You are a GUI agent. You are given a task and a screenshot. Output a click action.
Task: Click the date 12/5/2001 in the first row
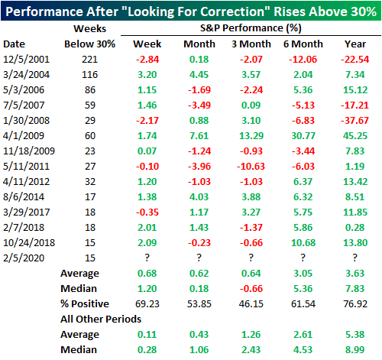(26, 60)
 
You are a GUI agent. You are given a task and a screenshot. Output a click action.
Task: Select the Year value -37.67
(354, 120)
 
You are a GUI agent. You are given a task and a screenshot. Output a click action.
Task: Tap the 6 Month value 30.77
(303, 136)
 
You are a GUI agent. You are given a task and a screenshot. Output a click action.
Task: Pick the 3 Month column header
(251, 44)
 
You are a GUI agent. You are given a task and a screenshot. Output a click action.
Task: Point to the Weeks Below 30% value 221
(89, 60)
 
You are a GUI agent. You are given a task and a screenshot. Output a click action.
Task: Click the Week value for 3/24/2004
(147, 75)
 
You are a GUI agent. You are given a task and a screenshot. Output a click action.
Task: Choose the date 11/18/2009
(29, 151)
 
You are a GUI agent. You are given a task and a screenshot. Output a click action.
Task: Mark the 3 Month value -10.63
(251, 167)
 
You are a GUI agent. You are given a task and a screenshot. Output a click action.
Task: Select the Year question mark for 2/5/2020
(355, 258)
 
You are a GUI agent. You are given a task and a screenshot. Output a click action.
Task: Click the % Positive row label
(85, 303)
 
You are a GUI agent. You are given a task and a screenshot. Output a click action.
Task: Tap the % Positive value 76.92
(355, 303)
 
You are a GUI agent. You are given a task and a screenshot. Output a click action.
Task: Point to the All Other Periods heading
(101, 319)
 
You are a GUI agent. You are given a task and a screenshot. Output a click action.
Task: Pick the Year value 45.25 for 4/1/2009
(355, 136)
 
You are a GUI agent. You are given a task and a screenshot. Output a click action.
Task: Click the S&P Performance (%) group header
(251, 28)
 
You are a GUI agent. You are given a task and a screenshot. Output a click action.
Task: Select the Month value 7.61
(199, 136)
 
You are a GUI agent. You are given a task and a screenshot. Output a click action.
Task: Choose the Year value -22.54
(354, 60)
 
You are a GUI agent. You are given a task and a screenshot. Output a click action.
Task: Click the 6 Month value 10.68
(303, 242)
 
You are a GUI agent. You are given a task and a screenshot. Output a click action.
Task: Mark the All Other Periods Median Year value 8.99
(355, 349)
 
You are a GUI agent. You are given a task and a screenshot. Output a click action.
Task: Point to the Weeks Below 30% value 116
(89, 75)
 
